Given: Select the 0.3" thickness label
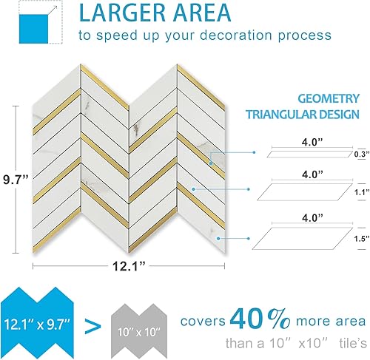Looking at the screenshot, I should click(359, 154).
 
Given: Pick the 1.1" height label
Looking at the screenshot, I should click(359, 191).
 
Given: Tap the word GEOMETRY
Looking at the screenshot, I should click(329, 98).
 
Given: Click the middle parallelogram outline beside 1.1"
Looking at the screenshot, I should click(303, 193).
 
